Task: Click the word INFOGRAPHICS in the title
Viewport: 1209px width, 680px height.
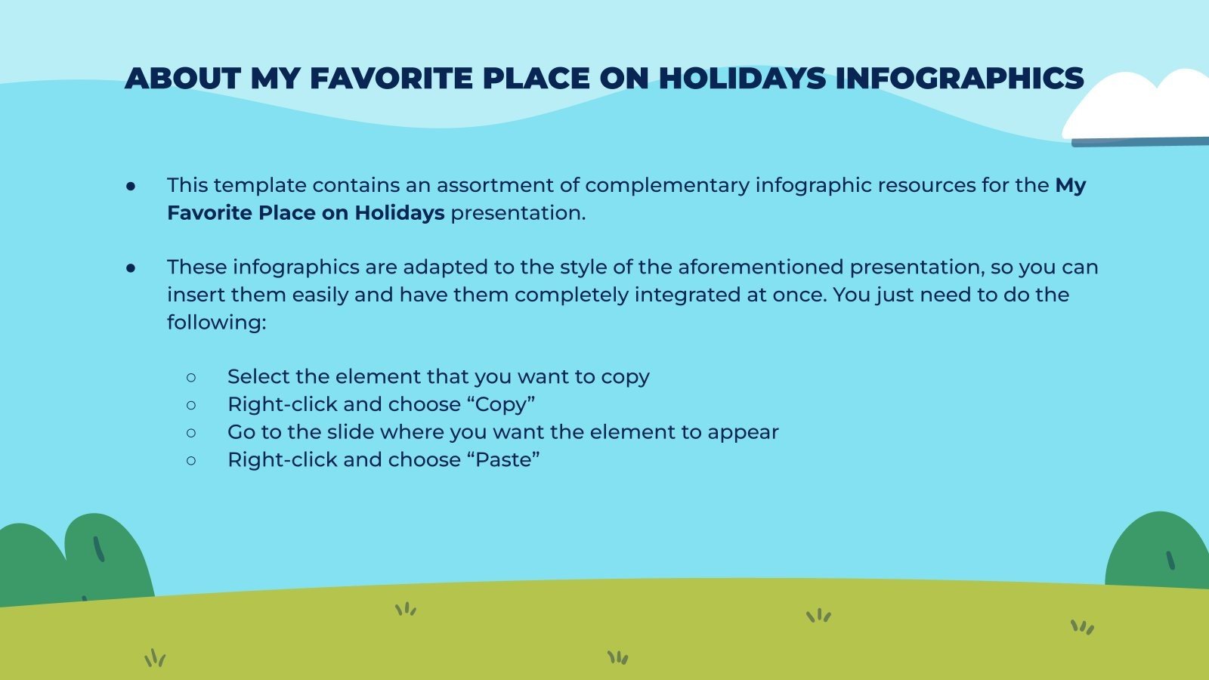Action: tap(959, 79)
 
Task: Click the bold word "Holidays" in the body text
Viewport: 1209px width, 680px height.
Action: tap(399, 213)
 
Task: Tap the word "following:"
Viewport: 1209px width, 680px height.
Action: tap(217, 323)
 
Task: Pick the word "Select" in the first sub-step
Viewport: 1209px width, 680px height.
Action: tap(258, 377)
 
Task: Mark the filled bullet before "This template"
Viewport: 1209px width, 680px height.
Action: tap(131, 186)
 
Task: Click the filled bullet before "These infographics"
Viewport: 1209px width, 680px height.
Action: tap(131, 267)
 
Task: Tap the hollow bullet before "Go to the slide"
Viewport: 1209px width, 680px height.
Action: tap(191, 433)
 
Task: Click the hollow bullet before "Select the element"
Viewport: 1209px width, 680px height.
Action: tap(191, 377)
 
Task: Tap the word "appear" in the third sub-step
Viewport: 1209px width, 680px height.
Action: tap(742, 433)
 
